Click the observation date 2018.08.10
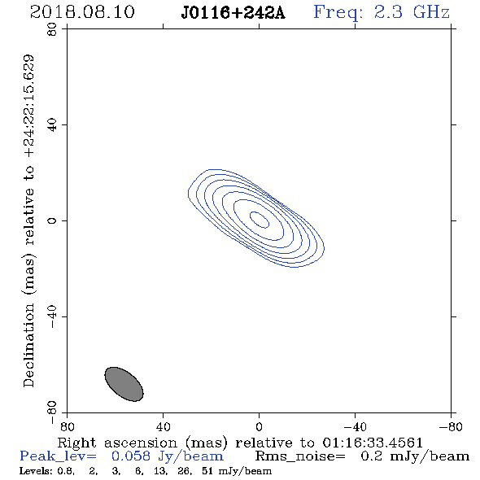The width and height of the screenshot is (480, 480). coord(82,12)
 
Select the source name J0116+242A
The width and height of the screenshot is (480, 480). coord(233,13)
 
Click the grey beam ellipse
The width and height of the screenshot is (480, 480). coord(124,384)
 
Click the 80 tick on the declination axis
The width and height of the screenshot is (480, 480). coord(52,29)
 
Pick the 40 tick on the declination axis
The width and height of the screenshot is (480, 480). coord(52,125)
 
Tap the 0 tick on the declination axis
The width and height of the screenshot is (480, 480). coord(52,220)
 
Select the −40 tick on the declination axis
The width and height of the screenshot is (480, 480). coord(52,316)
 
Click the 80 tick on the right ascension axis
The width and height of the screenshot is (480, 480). coord(67,426)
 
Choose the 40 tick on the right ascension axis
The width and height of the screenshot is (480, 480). coord(163,426)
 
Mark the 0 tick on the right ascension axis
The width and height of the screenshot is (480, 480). coord(259,426)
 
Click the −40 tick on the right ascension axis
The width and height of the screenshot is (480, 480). coord(355,426)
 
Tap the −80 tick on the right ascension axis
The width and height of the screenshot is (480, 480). coord(451,426)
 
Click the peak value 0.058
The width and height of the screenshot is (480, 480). coord(131,456)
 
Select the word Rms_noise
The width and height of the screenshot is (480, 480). coord(300,456)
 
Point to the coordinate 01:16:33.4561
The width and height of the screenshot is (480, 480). coord(373,443)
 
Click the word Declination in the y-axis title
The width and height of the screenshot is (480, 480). coord(28,345)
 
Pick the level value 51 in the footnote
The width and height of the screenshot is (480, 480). coord(207,471)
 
